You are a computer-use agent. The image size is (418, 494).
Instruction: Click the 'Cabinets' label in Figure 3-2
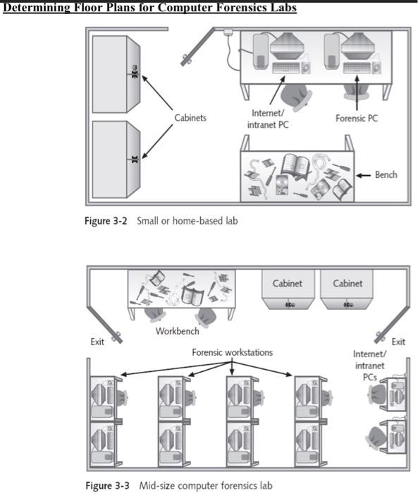coord(190,118)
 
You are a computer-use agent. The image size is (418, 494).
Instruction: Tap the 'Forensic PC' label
coord(356,119)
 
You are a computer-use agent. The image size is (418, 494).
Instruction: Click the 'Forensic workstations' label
coord(232,351)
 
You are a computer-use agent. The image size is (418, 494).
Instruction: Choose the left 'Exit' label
coord(97,342)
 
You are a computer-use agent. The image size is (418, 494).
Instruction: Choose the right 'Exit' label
coord(398,342)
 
